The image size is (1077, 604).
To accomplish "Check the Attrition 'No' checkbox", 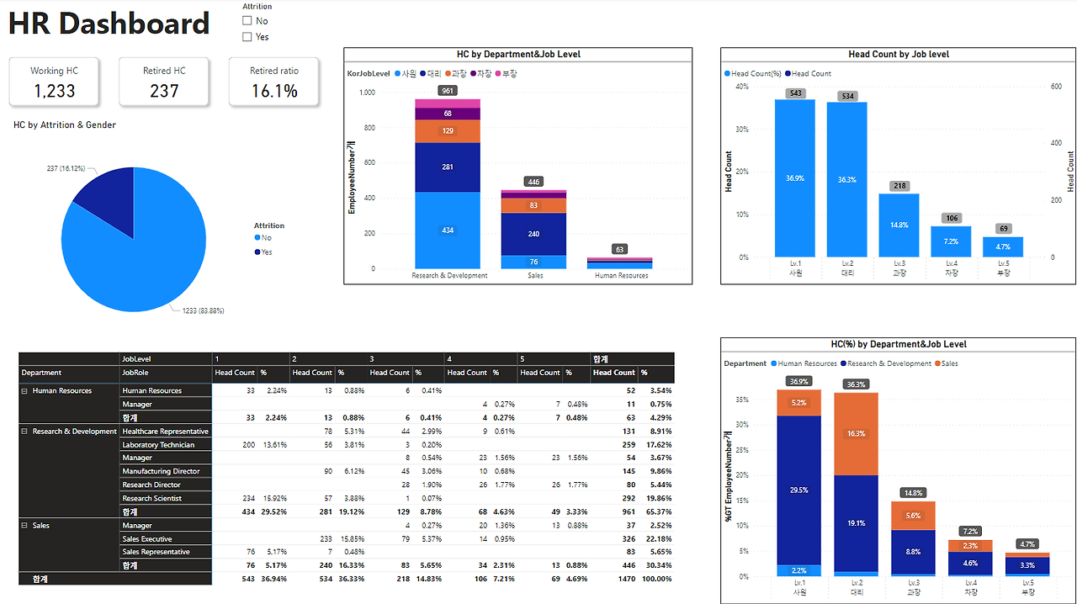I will (247, 21).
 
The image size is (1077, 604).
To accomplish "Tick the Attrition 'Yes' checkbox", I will (247, 37).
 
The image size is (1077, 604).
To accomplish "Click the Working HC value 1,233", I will (55, 91).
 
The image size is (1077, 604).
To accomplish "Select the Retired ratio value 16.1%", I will (274, 91).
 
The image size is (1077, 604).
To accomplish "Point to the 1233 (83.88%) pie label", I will (203, 310).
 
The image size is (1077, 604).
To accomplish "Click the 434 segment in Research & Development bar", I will (448, 230).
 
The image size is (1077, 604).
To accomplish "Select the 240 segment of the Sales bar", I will (534, 234).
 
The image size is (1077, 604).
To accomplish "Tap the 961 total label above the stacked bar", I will (448, 91).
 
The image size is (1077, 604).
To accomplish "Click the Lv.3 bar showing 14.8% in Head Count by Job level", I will (899, 225).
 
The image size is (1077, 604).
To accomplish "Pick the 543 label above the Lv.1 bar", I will (795, 93).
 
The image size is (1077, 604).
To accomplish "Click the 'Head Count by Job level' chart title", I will (899, 54).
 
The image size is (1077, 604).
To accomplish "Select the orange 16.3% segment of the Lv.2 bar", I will (856, 433).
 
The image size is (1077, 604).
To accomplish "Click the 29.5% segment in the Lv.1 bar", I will (798, 490).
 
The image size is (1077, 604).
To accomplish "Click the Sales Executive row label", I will (147, 538).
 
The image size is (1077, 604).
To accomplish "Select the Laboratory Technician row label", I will (158, 444).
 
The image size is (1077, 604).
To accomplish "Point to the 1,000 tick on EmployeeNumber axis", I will (367, 92).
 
